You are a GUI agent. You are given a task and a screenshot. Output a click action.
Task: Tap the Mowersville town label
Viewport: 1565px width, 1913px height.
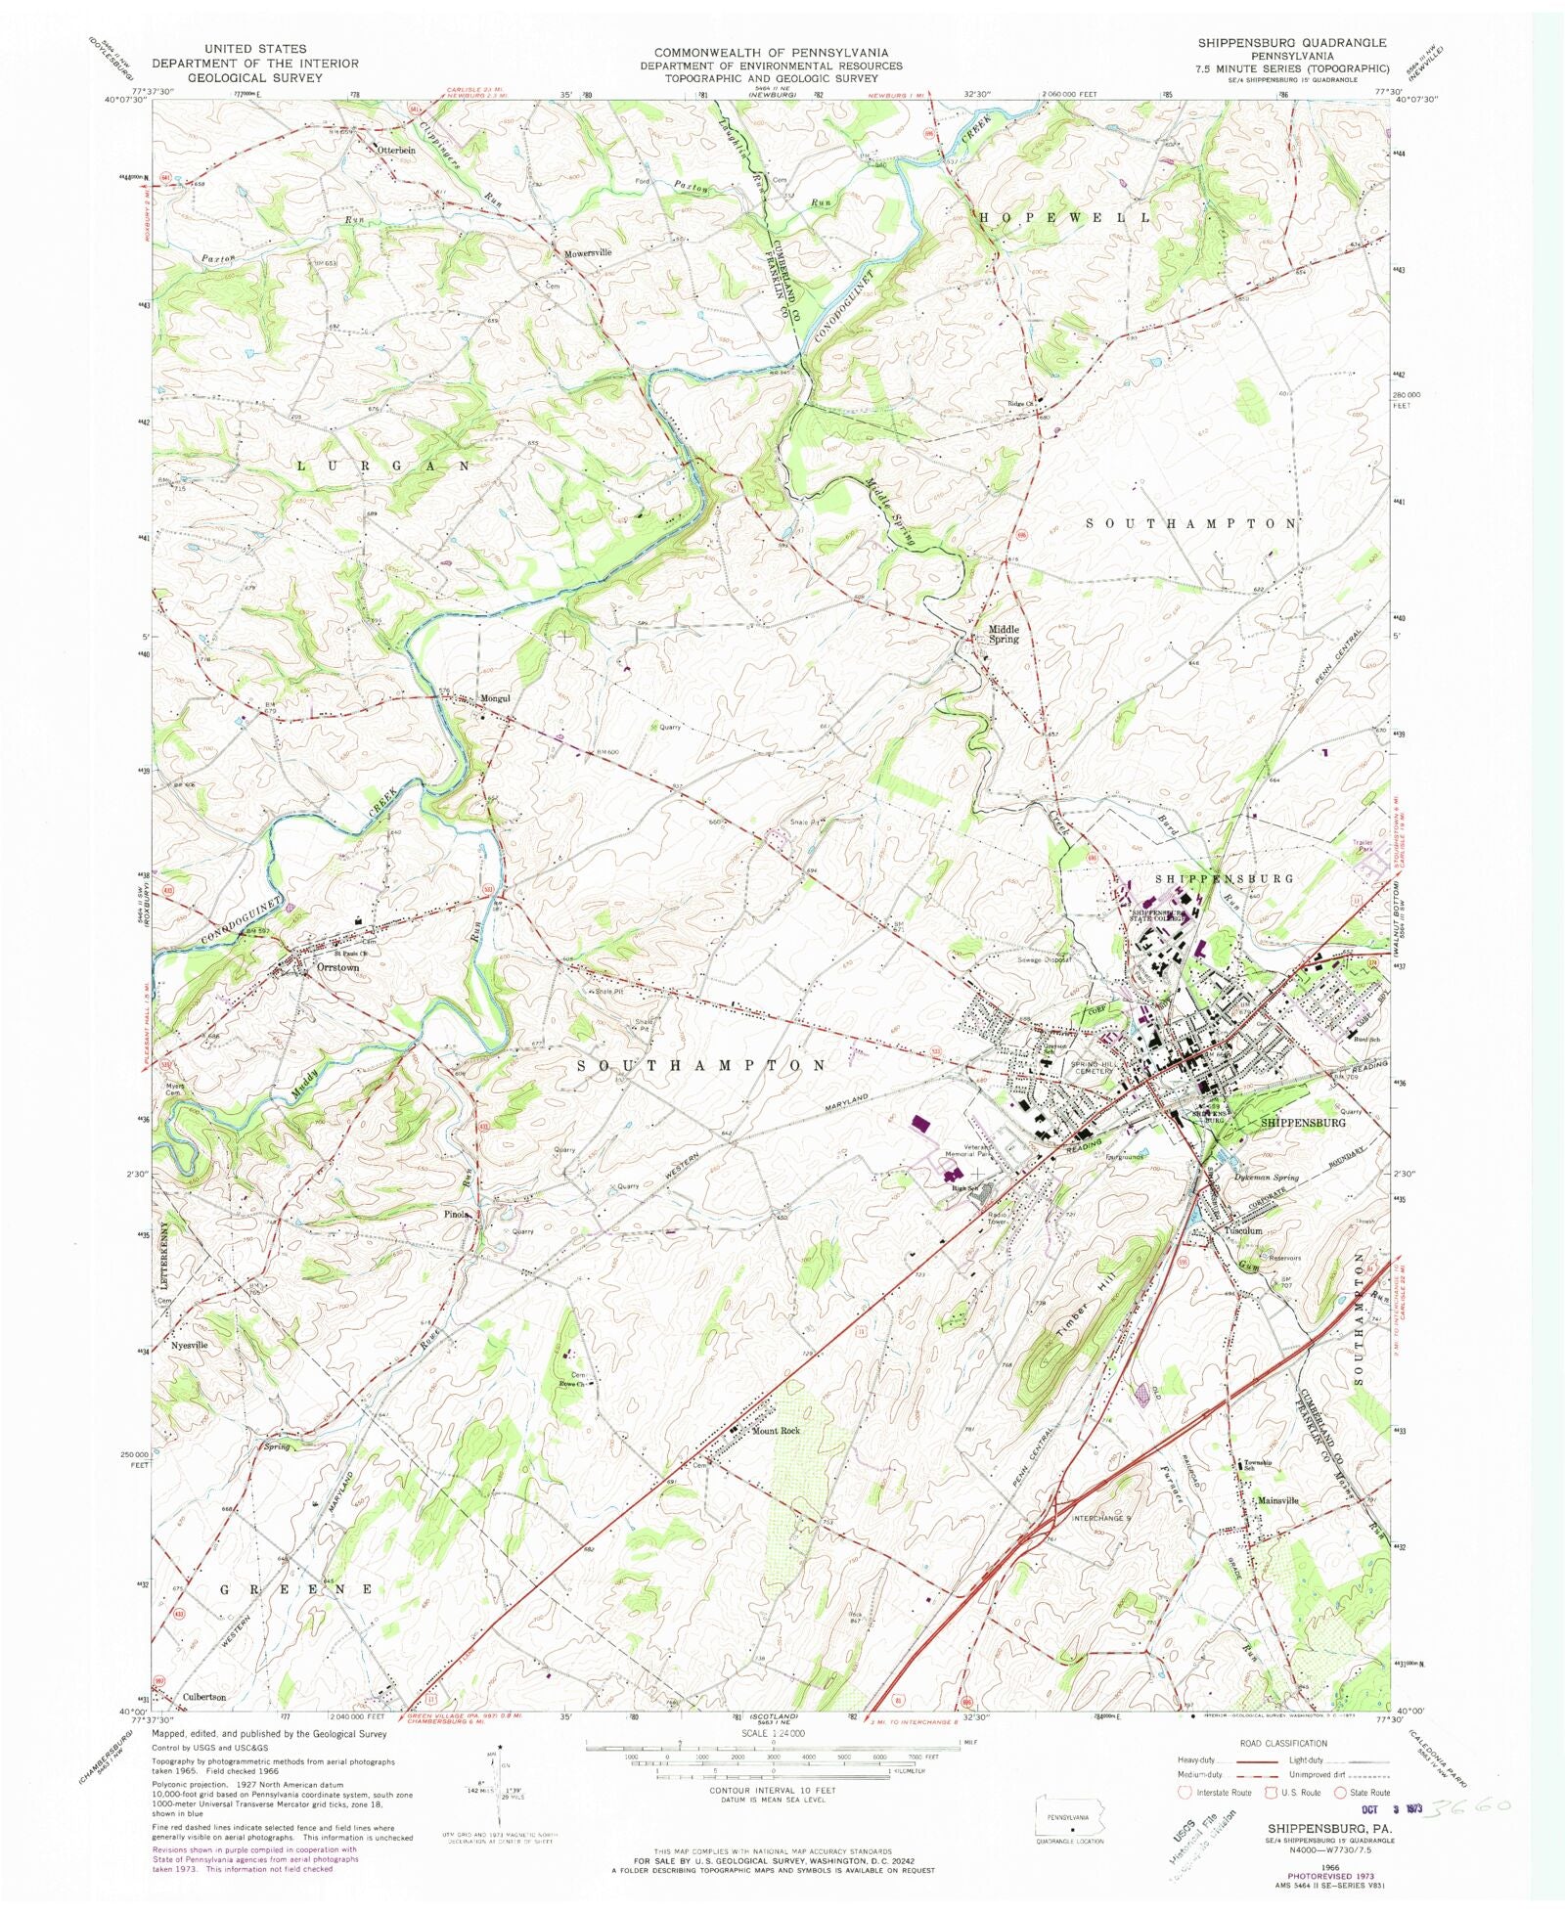[x=588, y=252]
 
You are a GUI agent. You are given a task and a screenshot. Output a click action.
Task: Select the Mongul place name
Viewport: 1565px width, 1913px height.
[x=496, y=699]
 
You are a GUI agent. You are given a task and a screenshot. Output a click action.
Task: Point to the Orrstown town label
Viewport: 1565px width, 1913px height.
[x=337, y=967]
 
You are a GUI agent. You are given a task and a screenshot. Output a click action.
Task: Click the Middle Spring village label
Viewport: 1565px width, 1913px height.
[x=1004, y=635]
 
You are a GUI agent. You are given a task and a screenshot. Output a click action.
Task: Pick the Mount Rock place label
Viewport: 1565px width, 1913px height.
[x=776, y=1431]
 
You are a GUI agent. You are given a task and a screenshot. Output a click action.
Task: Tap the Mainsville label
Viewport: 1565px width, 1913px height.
[x=1278, y=1500]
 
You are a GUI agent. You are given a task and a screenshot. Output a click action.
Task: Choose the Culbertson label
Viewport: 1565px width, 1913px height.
[x=204, y=1697]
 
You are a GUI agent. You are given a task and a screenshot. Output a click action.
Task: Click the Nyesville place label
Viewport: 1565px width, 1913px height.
[x=190, y=1346]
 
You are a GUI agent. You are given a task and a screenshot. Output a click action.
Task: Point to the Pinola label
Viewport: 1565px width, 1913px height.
[x=458, y=1215]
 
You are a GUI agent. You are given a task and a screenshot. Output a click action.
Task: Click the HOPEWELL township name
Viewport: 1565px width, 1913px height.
[x=1064, y=217]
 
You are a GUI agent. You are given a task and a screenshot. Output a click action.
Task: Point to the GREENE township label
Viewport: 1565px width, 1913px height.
[x=296, y=1589]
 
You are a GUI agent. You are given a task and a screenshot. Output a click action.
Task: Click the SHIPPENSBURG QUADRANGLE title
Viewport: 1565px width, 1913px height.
[x=1291, y=43]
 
